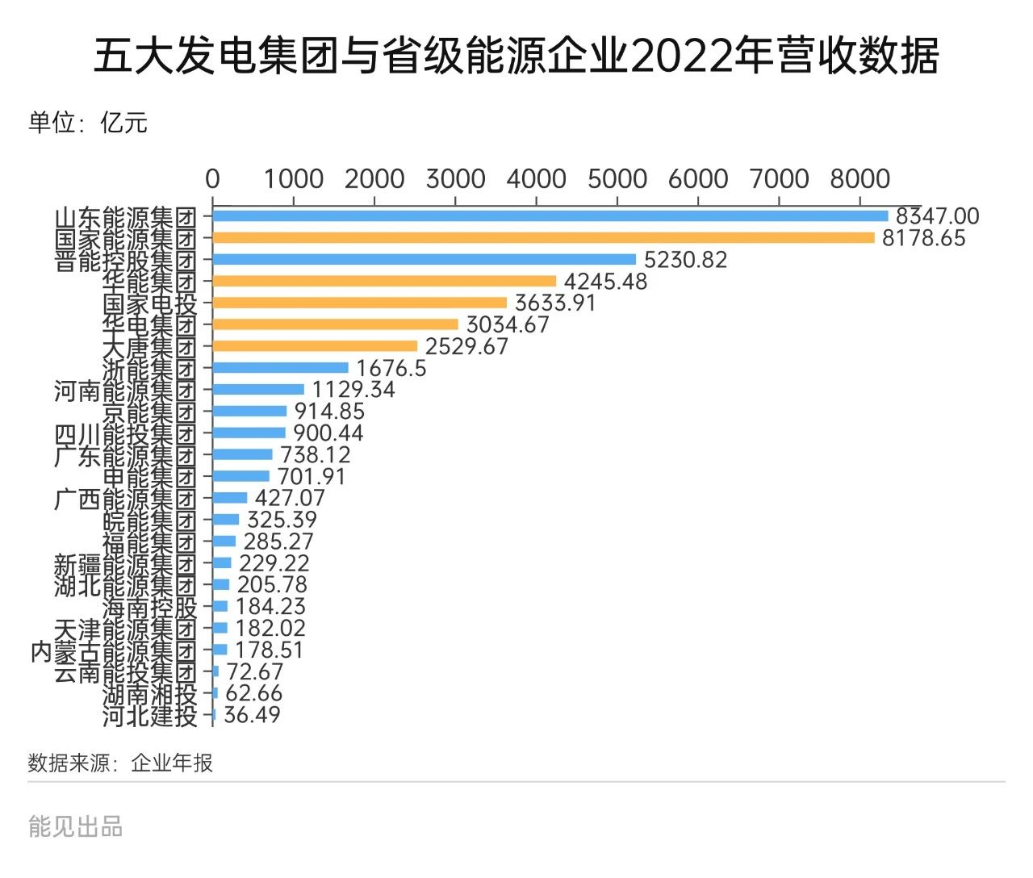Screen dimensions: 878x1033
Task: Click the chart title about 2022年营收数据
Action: click(516, 56)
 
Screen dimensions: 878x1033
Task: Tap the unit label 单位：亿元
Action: click(88, 123)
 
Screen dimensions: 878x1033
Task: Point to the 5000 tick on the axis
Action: click(617, 179)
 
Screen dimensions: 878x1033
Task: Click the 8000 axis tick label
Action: click(859, 179)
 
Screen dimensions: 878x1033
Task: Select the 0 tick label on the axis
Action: click(213, 179)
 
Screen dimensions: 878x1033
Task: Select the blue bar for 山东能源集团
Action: click(550, 216)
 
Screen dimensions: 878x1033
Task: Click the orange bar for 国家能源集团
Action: click(544, 238)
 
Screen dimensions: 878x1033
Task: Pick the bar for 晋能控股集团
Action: click(424, 260)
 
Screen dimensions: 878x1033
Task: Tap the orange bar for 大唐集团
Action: click(316, 346)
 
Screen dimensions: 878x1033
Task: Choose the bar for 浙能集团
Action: click(281, 368)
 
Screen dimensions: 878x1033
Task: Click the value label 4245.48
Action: click(605, 282)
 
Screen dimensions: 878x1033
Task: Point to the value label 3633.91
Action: click(555, 303)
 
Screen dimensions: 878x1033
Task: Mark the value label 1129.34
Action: click(353, 390)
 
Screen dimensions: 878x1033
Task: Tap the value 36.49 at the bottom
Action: click(252, 715)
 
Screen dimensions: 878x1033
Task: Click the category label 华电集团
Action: click(149, 325)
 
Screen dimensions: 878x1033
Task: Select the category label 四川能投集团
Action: click(125, 434)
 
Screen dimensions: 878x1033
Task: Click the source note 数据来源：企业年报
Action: click(120, 763)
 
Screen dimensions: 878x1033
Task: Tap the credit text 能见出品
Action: click(75, 826)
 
